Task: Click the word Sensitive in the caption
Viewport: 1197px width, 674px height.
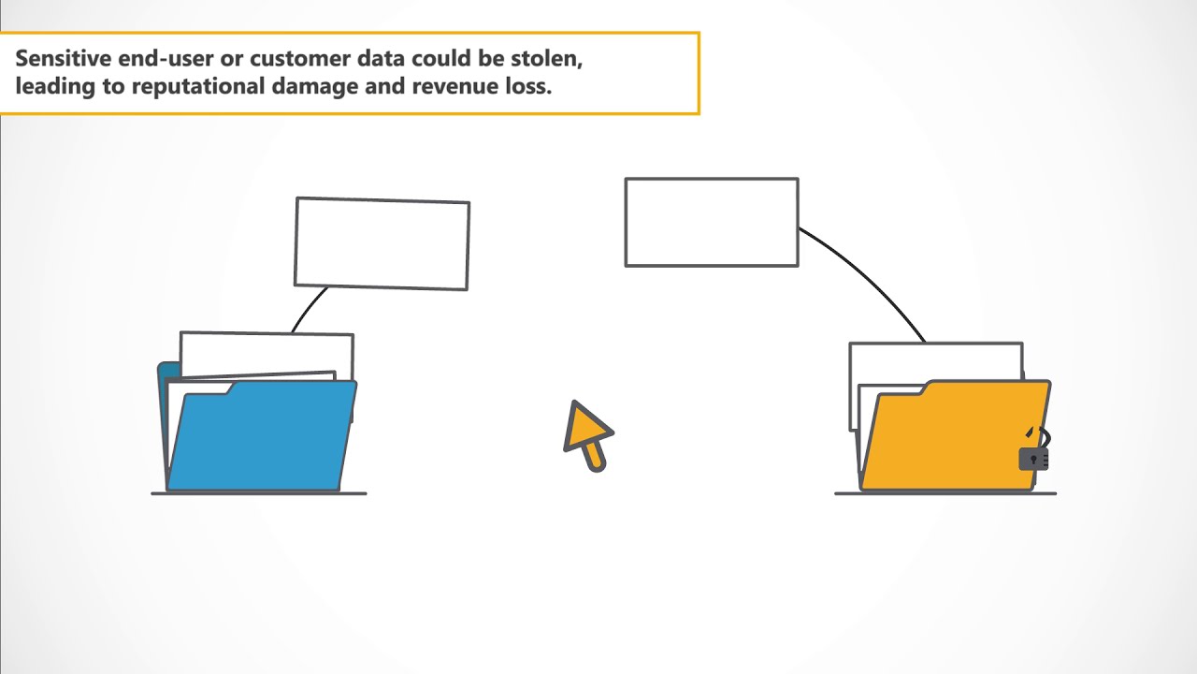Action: [x=63, y=58]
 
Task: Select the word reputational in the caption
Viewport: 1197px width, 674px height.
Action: [x=197, y=86]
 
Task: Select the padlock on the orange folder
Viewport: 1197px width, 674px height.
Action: [x=1035, y=449]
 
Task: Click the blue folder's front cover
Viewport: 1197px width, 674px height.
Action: [x=262, y=435]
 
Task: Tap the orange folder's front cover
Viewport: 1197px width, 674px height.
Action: [x=956, y=435]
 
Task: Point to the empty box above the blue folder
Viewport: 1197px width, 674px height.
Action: [x=382, y=243]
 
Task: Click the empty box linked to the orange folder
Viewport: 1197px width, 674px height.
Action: [x=712, y=222]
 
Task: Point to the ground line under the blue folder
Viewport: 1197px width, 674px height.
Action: [x=259, y=493]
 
